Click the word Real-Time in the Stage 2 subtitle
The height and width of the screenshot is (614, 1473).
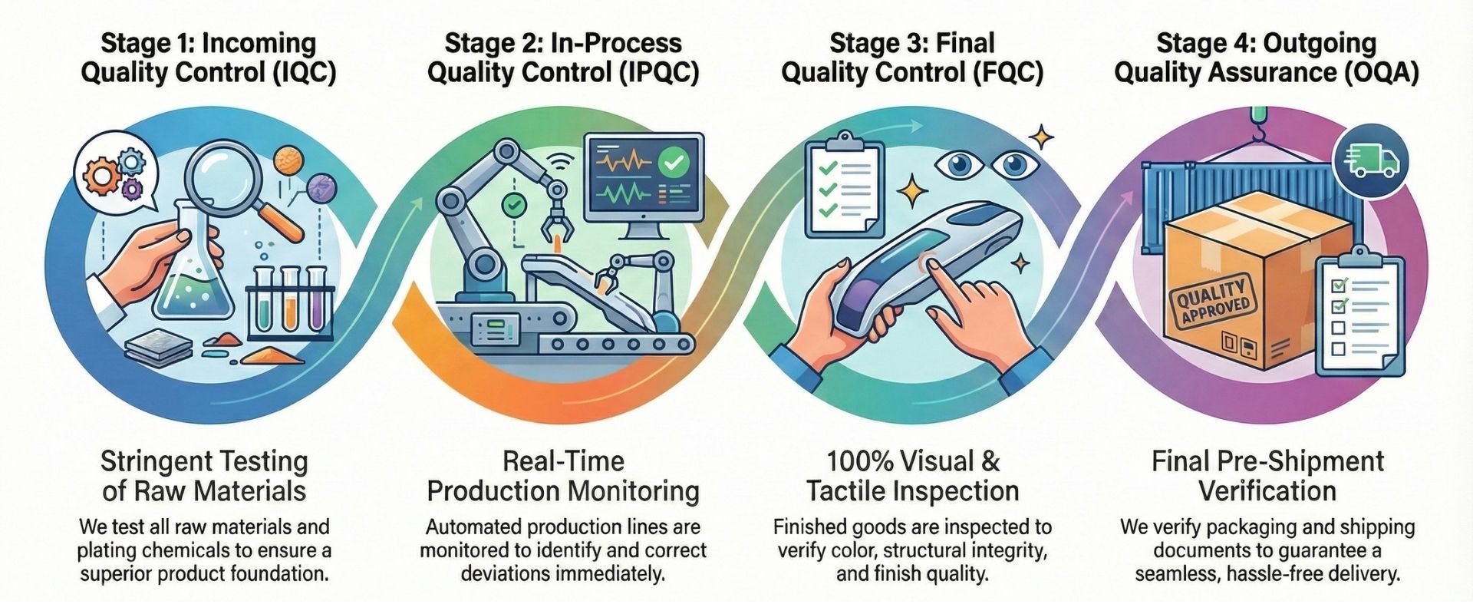(x=563, y=462)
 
